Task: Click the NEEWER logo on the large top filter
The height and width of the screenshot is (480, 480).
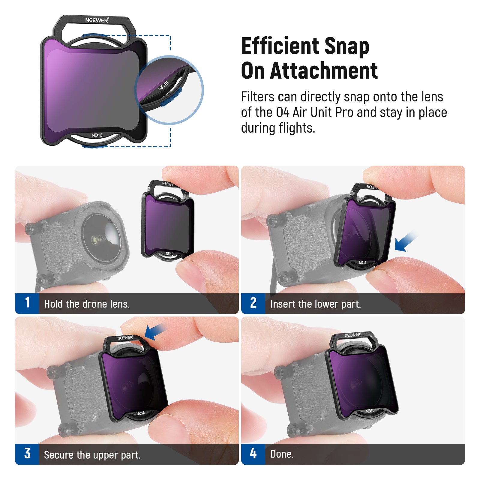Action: (x=97, y=20)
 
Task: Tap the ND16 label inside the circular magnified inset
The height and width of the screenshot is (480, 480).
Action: (x=164, y=85)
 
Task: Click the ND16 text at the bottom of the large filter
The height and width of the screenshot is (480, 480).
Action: (x=97, y=135)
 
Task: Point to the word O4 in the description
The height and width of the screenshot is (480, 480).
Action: (x=283, y=112)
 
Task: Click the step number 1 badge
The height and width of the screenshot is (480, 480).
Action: (x=27, y=303)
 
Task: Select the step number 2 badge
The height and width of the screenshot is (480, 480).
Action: (x=253, y=303)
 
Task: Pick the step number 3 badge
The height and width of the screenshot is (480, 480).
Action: (x=27, y=454)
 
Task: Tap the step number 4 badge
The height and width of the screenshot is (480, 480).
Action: (x=253, y=454)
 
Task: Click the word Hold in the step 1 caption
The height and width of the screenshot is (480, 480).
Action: (x=54, y=304)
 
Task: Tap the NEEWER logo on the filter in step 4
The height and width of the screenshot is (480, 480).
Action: (x=353, y=335)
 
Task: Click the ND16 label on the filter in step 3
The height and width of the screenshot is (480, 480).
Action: (x=141, y=413)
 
